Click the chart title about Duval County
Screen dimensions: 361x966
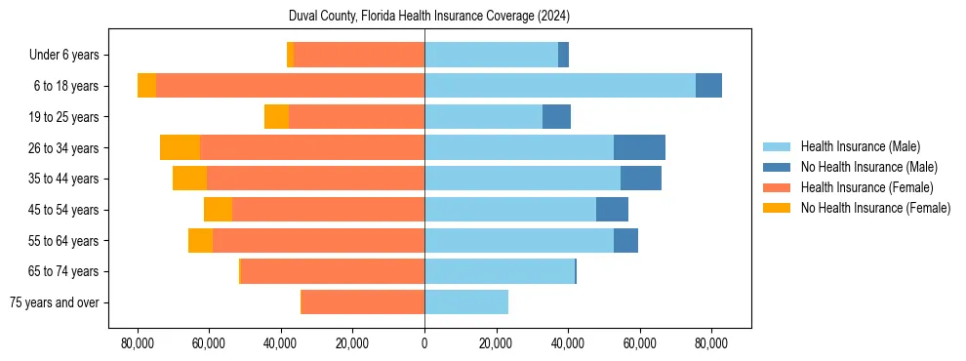tap(429, 17)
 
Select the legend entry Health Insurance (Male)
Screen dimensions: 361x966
tap(860, 146)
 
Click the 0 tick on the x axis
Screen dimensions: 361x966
tap(424, 343)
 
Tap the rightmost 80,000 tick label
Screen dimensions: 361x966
tap(711, 343)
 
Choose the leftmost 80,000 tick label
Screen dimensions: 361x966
tap(138, 343)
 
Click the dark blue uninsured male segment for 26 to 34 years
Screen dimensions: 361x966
tap(639, 147)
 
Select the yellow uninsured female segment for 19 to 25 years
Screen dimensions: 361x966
tap(276, 117)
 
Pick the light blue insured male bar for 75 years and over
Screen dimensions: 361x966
tap(466, 302)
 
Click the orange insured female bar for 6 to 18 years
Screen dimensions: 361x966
tap(290, 86)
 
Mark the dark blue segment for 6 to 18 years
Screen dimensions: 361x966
tap(708, 86)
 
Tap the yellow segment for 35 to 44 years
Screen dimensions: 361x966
tap(189, 179)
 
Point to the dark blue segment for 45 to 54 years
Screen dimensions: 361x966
tap(612, 210)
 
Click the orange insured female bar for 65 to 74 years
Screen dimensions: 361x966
tap(333, 271)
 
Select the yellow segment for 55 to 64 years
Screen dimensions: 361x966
tap(200, 241)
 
